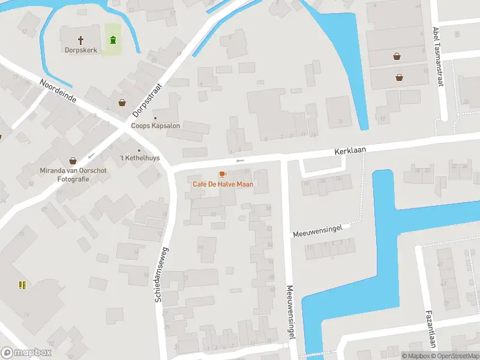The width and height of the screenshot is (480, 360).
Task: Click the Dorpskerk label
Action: tap(81, 50)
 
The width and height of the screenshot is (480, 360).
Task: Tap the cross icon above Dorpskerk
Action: tap(81, 40)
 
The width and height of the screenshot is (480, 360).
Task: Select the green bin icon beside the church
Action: tap(112, 40)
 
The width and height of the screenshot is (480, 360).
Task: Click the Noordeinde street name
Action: tap(58, 91)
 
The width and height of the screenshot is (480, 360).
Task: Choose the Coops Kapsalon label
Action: tap(160, 126)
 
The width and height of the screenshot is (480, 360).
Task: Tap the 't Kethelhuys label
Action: tap(139, 158)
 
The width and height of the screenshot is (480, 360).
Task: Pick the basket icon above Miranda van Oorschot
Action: tap(73, 161)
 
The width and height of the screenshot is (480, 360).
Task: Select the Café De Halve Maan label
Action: tap(223, 184)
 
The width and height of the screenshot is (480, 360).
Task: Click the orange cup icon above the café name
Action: tap(223, 174)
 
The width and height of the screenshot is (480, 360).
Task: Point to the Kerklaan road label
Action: tap(350, 151)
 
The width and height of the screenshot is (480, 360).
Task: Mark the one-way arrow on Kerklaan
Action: tap(240, 161)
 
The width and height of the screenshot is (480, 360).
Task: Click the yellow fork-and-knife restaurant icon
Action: tap(22, 286)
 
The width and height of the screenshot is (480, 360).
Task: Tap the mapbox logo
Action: tap(26, 353)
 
